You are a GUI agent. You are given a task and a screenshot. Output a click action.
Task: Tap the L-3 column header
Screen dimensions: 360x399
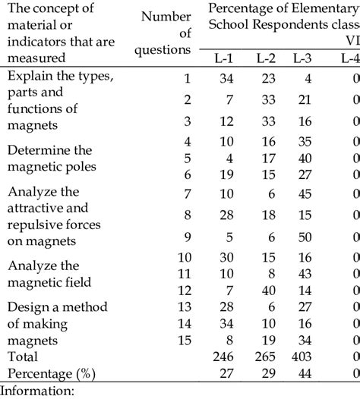pos(308,58)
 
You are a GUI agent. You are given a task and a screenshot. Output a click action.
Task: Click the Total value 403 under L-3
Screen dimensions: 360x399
pos(305,356)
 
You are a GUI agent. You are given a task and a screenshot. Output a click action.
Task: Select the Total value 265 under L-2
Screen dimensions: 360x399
pos(266,356)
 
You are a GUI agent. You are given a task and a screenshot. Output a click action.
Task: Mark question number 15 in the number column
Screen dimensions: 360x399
pos(183,339)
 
